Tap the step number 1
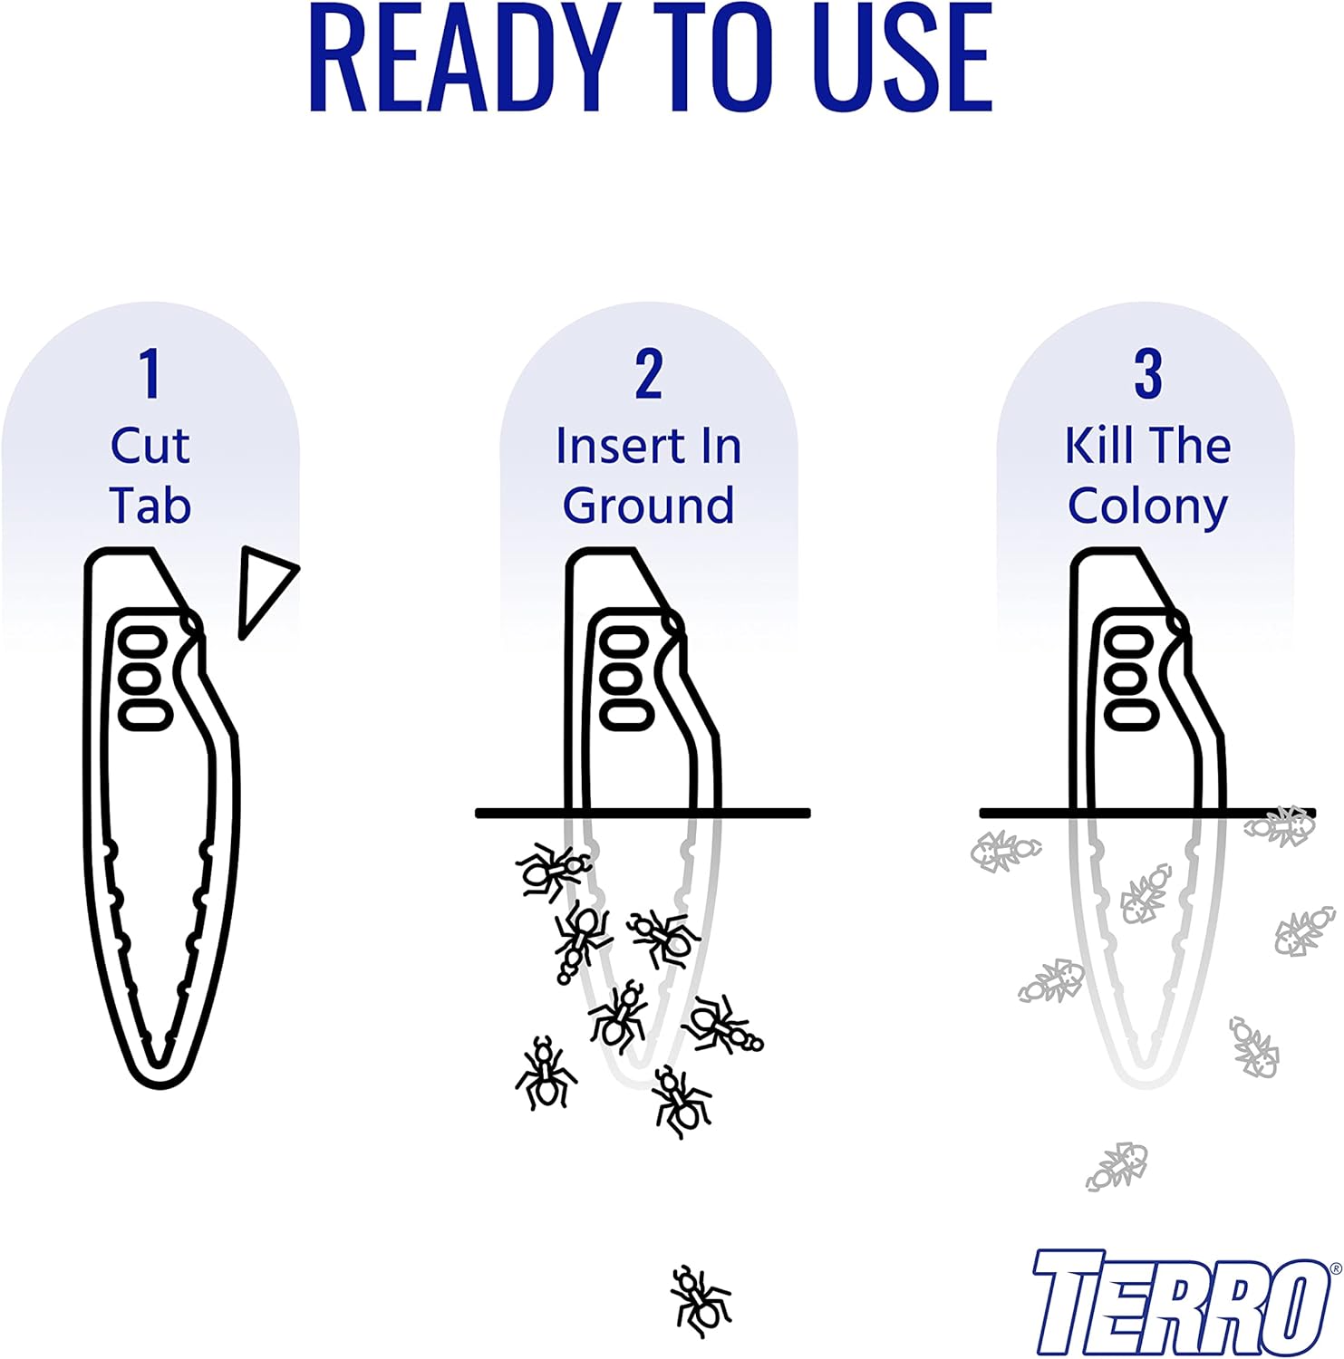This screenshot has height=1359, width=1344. (x=150, y=373)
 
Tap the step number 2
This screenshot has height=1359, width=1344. (x=649, y=373)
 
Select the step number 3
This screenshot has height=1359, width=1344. (x=1147, y=373)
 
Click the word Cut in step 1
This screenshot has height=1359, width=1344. (x=150, y=446)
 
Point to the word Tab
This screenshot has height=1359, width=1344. (x=150, y=506)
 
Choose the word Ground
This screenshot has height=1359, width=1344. (x=649, y=506)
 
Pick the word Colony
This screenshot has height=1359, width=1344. (x=1147, y=506)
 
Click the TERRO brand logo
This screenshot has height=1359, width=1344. (x=1178, y=1303)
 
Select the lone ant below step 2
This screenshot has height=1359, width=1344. (x=700, y=1301)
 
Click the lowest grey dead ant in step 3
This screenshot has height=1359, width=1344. (x=1117, y=1166)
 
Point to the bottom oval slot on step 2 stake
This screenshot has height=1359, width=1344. (x=626, y=714)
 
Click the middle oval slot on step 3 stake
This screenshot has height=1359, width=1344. (x=1130, y=679)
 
